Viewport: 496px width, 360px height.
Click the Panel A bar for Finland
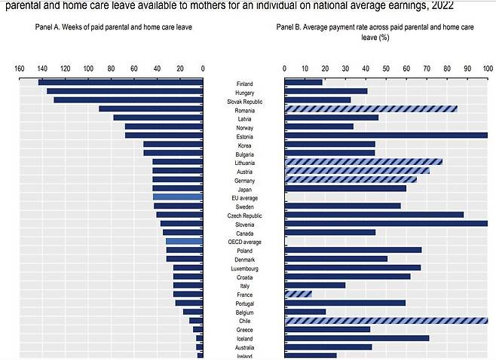pos(121,82)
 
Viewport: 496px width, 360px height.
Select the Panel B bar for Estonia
pos(386,136)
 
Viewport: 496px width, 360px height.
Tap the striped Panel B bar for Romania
pos(371,109)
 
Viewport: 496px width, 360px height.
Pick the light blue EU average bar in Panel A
pos(178,197)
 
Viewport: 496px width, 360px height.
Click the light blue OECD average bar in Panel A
pos(185,242)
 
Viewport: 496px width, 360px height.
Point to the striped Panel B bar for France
pos(299,294)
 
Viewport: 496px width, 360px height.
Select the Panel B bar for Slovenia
pos(386,224)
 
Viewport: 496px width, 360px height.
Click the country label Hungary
pos(244,92)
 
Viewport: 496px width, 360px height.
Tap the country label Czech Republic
pos(244,215)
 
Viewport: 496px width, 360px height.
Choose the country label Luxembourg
pos(244,268)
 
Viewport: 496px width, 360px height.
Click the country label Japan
pos(244,189)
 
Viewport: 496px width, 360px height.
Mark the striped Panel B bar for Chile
pos(386,321)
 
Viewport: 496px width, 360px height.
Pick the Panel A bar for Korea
pos(173,145)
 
